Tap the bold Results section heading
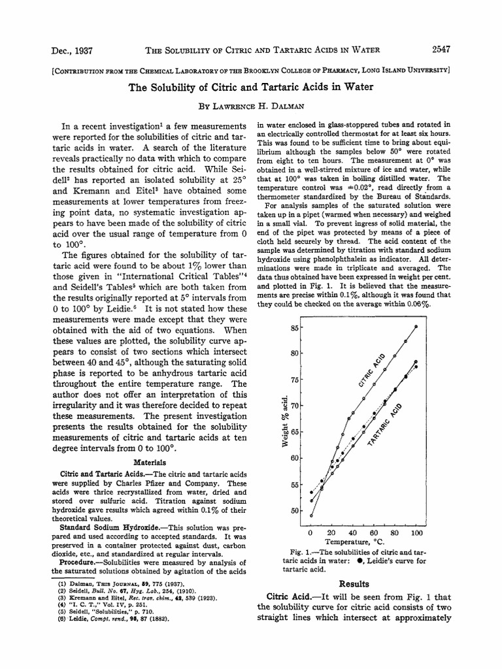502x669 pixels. pos(354,583)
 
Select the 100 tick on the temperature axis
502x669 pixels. pos(416,532)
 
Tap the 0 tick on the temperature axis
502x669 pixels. pos(311,532)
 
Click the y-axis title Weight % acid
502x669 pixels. pos(285,421)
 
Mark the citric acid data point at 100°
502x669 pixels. pos(416,327)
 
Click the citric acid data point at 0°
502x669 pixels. pos(311,515)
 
